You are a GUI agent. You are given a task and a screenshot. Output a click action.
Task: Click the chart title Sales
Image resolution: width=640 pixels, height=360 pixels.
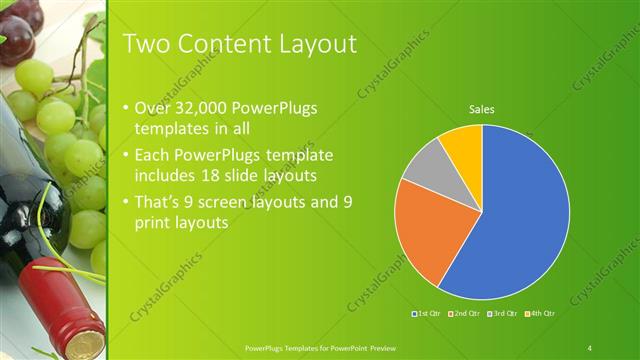tap(482, 109)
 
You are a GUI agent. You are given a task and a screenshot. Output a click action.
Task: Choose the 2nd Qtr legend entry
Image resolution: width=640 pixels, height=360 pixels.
tap(466, 314)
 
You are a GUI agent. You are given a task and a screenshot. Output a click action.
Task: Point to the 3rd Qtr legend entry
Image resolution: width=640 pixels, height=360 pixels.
tap(504, 314)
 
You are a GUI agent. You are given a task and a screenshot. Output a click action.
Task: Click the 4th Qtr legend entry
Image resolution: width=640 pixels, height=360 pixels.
tap(541, 314)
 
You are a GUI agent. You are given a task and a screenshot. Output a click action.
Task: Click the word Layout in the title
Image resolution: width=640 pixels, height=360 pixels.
tap(313, 44)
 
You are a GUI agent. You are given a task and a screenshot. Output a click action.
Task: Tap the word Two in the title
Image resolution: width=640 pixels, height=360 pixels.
tap(143, 44)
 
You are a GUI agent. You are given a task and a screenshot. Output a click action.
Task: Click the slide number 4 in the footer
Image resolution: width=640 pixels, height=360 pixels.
tap(590, 347)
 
